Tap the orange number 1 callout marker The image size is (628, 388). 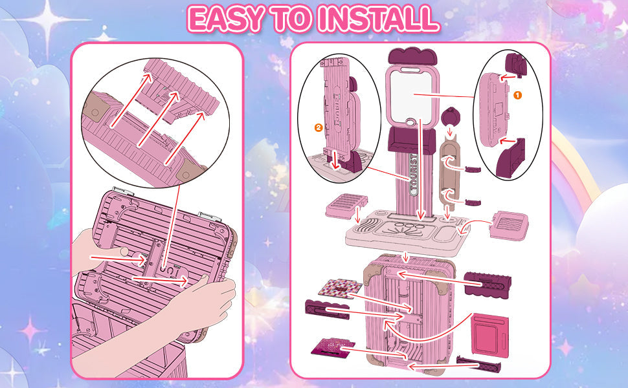pyautogui.click(x=517, y=94)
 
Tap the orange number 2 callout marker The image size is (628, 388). pyautogui.click(x=318, y=127)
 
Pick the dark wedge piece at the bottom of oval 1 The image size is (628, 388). pyautogui.click(x=511, y=158)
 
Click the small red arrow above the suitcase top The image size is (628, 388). pyautogui.click(x=406, y=257)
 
